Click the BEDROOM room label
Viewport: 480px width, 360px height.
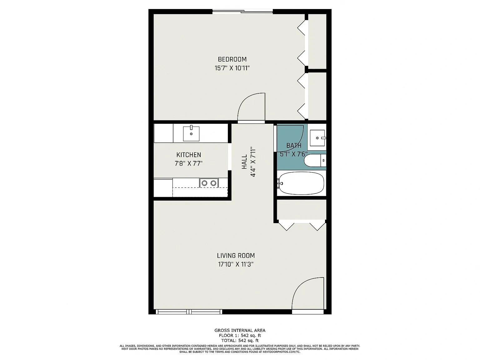point(232,59)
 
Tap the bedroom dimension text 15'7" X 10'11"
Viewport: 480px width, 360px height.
point(232,68)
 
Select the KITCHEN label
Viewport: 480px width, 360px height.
point(188,155)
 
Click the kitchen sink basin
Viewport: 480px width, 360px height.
point(191,133)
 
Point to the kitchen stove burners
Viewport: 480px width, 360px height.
point(209,183)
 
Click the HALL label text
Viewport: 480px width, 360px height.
point(244,162)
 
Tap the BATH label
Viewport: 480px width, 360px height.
point(294,145)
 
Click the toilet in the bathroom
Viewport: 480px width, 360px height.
point(315,160)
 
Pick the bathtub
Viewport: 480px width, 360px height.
point(301,183)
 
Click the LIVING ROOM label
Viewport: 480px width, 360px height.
point(236,256)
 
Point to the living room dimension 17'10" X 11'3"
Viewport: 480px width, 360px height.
point(236,264)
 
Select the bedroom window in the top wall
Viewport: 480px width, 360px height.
point(242,12)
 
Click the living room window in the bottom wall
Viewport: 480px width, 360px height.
point(189,312)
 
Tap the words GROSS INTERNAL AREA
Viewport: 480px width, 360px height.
point(240,331)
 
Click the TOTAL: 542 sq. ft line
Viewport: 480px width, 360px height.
point(240,341)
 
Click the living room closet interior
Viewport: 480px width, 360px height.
point(302,209)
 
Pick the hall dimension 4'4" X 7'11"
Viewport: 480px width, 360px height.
point(253,162)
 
